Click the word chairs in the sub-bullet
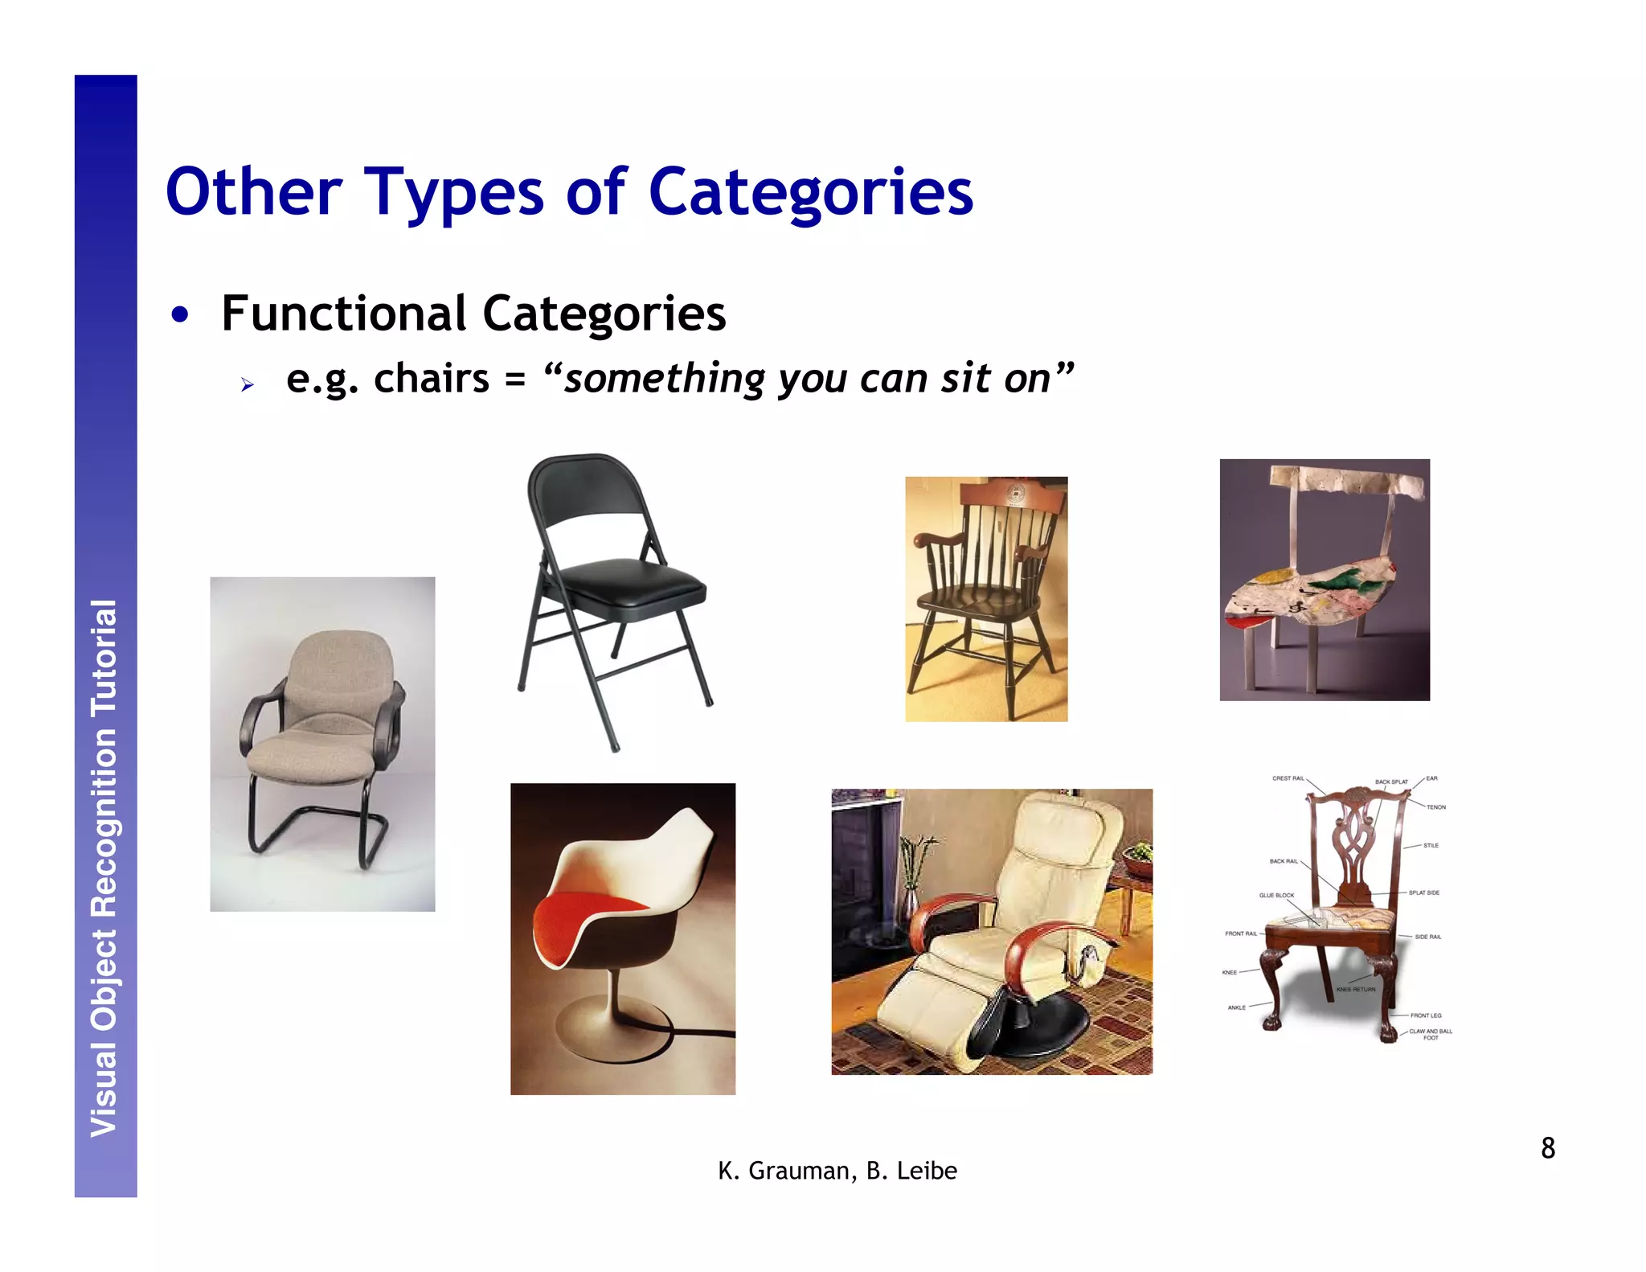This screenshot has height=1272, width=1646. click(x=431, y=379)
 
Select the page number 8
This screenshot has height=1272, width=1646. click(x=1548, y=1148)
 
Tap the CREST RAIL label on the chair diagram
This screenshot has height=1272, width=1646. click(x=1288, y=778)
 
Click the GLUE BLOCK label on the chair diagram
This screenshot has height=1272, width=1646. click(x=1276, y=895)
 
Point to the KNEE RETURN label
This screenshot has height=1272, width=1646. click(x=1356, y=989)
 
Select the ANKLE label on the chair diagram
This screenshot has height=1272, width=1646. click(x=1236, y=1007)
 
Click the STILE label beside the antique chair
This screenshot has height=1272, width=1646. click(x=1431, y=845)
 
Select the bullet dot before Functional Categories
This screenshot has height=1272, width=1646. click(x=180, y=315)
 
